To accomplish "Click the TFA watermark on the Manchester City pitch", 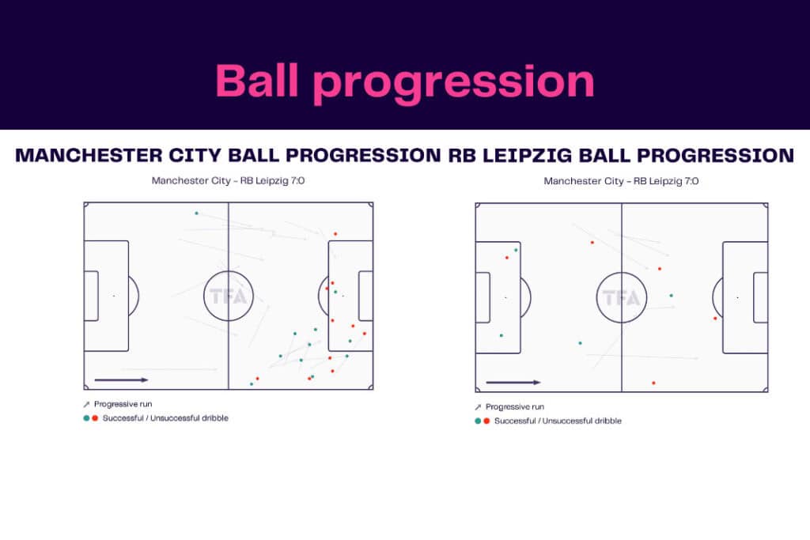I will [x=228, y=297].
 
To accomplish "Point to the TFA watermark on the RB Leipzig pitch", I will [x=620, y=298].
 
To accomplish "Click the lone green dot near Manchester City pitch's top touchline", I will [x=196, y=213].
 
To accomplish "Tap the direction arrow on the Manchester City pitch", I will [x=121, y=380].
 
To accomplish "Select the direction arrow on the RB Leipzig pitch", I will [x=513, y=383].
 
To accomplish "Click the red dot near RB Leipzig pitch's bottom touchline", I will [x=653, y=383].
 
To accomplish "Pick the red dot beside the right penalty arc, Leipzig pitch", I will [x=715, y=319].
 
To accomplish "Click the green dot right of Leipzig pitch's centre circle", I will [x=672, y=296].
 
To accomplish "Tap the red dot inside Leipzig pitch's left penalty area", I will [x=507, y=258].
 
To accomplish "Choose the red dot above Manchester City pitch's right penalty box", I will [x=335, y=234].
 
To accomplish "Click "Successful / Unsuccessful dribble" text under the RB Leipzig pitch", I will [x=558, y=421].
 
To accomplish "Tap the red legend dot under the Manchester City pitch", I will [x=95, y=417].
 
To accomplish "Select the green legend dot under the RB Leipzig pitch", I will [x=477, y=421].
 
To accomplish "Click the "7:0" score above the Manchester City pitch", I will [x=297, y=180].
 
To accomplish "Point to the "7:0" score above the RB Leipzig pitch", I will [x=690, y=181].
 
